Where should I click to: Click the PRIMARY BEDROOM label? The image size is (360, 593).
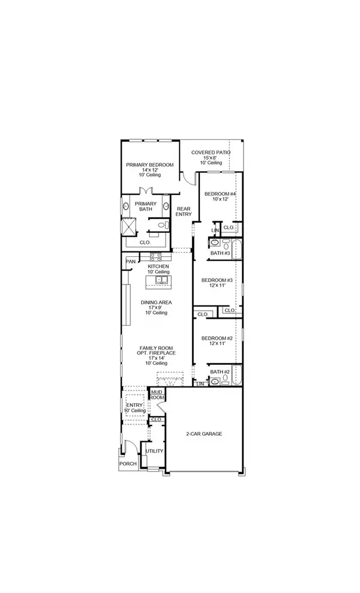[x=149, y=165]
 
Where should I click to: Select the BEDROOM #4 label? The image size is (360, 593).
[x=218, y=194]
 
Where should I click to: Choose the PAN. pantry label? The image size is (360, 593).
[x=130, y=262]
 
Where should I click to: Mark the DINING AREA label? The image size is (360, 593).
[x=156, y=303]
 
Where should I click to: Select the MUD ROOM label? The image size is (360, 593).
[x=157, y=394]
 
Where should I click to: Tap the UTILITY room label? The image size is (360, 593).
[x=154, y=451]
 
